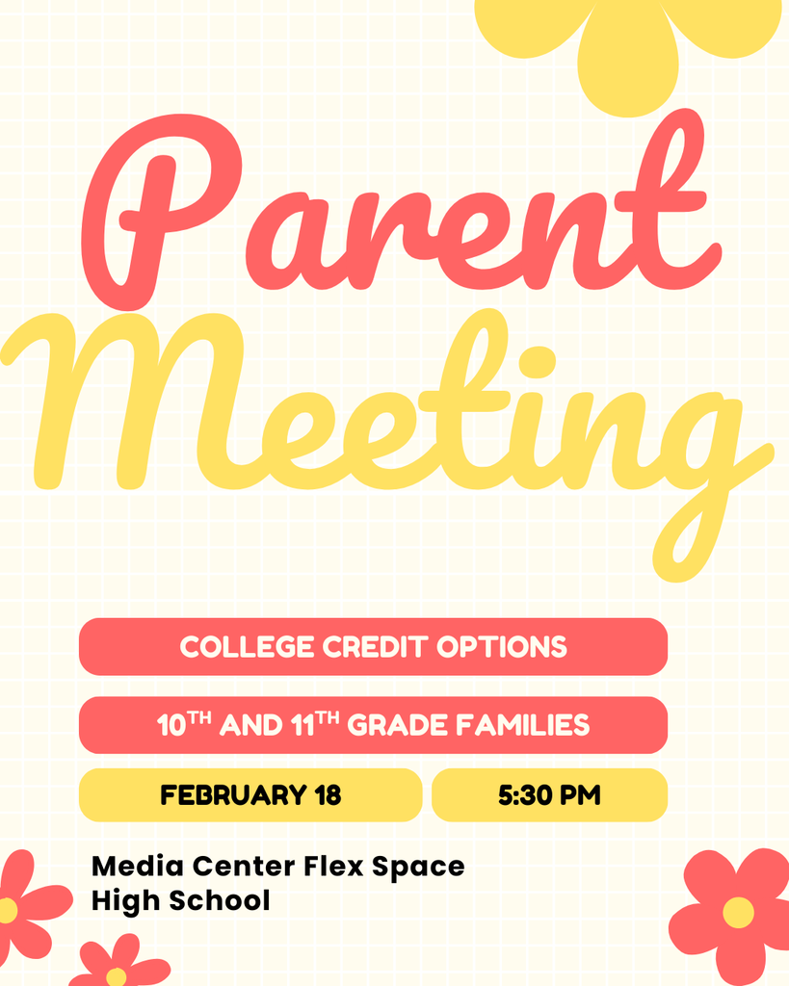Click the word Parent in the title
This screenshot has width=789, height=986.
395,212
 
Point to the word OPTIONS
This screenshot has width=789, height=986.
502,647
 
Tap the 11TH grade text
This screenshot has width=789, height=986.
314,724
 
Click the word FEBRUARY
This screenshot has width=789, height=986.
232,795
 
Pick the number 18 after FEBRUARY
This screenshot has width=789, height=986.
328,795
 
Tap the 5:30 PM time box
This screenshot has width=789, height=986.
549,795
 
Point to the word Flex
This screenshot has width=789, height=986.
332,866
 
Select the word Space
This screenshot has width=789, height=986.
418,868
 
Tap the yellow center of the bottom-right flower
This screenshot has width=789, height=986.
738,912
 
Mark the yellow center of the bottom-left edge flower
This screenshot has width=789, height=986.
7,910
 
